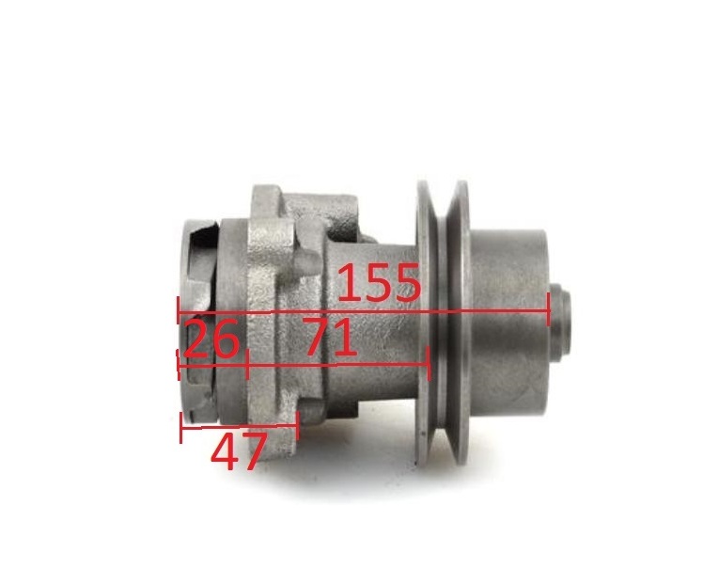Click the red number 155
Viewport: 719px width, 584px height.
tap(379, 282)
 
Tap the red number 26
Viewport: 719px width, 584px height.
tap(211, 339)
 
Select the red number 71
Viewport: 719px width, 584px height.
tap(329, 339)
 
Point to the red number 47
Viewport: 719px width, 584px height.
tap(239, 452)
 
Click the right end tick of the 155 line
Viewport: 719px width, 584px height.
tap(549, 309)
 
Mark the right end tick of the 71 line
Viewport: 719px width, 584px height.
tap(429, 363)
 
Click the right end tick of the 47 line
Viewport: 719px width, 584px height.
tap(298, 425)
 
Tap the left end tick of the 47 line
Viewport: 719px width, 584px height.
tap(181, 428)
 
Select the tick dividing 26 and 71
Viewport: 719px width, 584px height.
tap(247, 363)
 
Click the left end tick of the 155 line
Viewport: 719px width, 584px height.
tap(178, 311)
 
